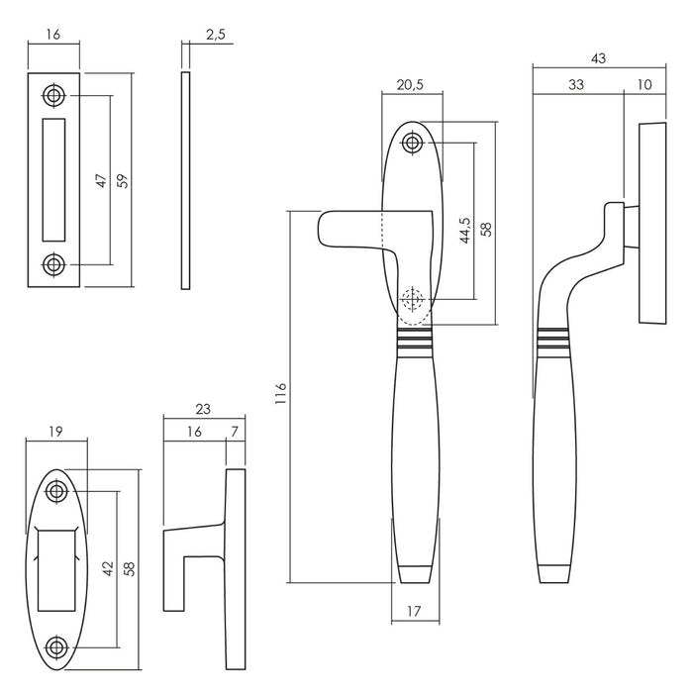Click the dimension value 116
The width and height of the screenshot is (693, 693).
280,394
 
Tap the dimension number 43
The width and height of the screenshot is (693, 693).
597,59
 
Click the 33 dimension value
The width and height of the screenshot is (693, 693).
575,86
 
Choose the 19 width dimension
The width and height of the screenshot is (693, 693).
56,430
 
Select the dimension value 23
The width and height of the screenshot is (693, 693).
203,409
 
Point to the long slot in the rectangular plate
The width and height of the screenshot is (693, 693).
53,180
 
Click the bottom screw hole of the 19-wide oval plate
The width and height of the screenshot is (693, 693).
57,646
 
